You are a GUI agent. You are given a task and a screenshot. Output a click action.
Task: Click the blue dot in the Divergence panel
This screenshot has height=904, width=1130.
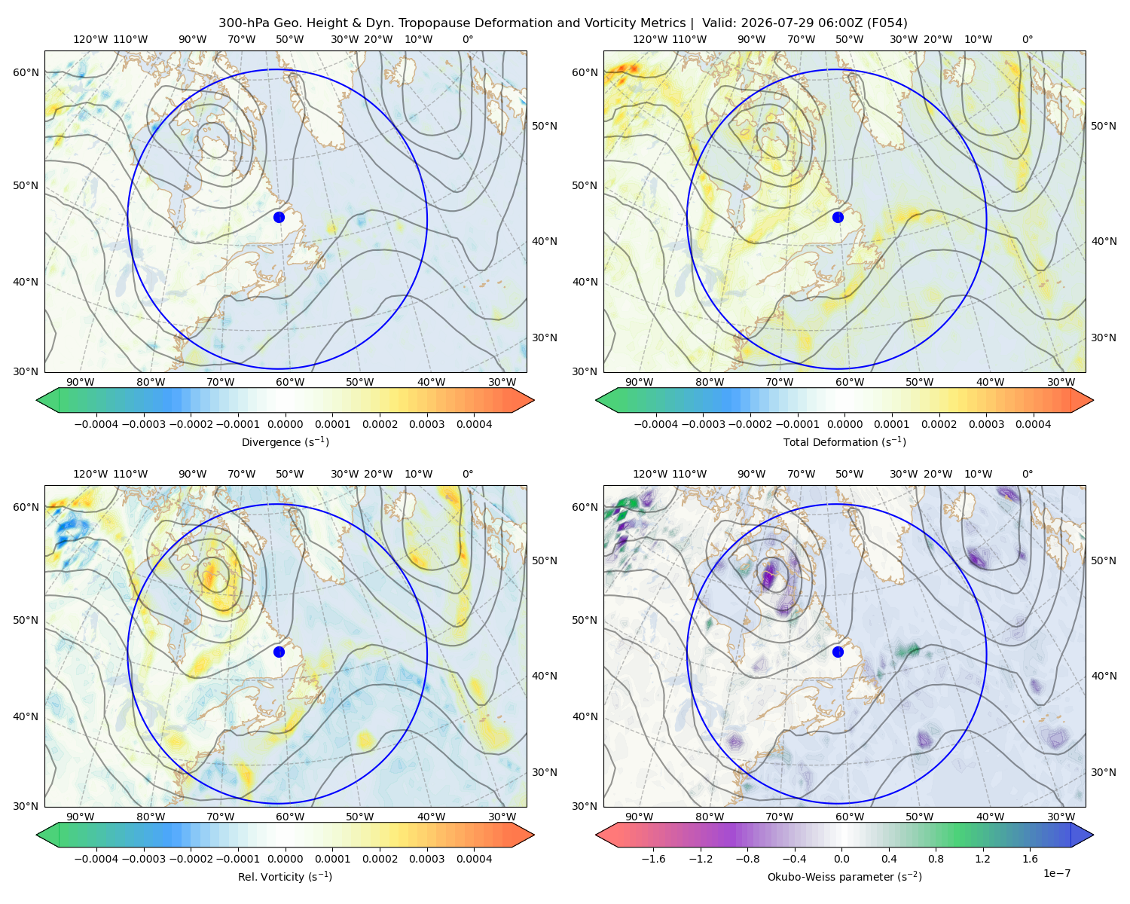point(279,217)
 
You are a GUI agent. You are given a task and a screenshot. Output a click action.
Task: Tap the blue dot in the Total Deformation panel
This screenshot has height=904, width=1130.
point(838,217)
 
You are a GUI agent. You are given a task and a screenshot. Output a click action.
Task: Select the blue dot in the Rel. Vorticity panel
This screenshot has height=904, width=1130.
point(279,652)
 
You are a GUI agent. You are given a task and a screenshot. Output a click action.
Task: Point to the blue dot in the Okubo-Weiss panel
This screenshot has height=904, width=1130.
point(838,652)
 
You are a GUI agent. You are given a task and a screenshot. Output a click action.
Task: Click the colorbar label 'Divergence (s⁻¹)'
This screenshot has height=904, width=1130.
point(285,442)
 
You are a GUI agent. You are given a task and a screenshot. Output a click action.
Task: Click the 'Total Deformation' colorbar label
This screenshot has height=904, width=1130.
point(824,442)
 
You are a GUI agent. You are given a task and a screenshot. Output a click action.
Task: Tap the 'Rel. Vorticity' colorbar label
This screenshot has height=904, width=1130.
point(267,877)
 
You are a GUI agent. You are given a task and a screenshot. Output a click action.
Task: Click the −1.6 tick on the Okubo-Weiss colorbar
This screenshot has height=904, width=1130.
point(653,859)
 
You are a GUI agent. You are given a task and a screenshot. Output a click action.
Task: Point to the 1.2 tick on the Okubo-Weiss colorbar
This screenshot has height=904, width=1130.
point(982,859)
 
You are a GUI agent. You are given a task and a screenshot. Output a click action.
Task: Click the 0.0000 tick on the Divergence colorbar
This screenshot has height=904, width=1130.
point(285,424)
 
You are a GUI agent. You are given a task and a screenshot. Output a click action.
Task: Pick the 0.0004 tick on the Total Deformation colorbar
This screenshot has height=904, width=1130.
point(1033,424)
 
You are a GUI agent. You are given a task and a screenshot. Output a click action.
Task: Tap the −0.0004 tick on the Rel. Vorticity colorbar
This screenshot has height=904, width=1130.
point(96,859)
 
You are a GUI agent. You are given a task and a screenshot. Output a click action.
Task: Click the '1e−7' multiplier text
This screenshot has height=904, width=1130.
point(1056,874)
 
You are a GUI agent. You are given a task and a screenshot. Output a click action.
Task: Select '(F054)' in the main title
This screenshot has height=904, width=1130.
point(887,23)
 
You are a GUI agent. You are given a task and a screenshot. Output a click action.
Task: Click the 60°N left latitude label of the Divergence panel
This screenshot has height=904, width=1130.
point(26,72)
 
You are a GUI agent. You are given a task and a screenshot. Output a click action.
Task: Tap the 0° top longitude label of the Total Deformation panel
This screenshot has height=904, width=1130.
point(1027,39)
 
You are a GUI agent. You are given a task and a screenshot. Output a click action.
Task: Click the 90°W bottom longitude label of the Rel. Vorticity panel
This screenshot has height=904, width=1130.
point(81,817)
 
